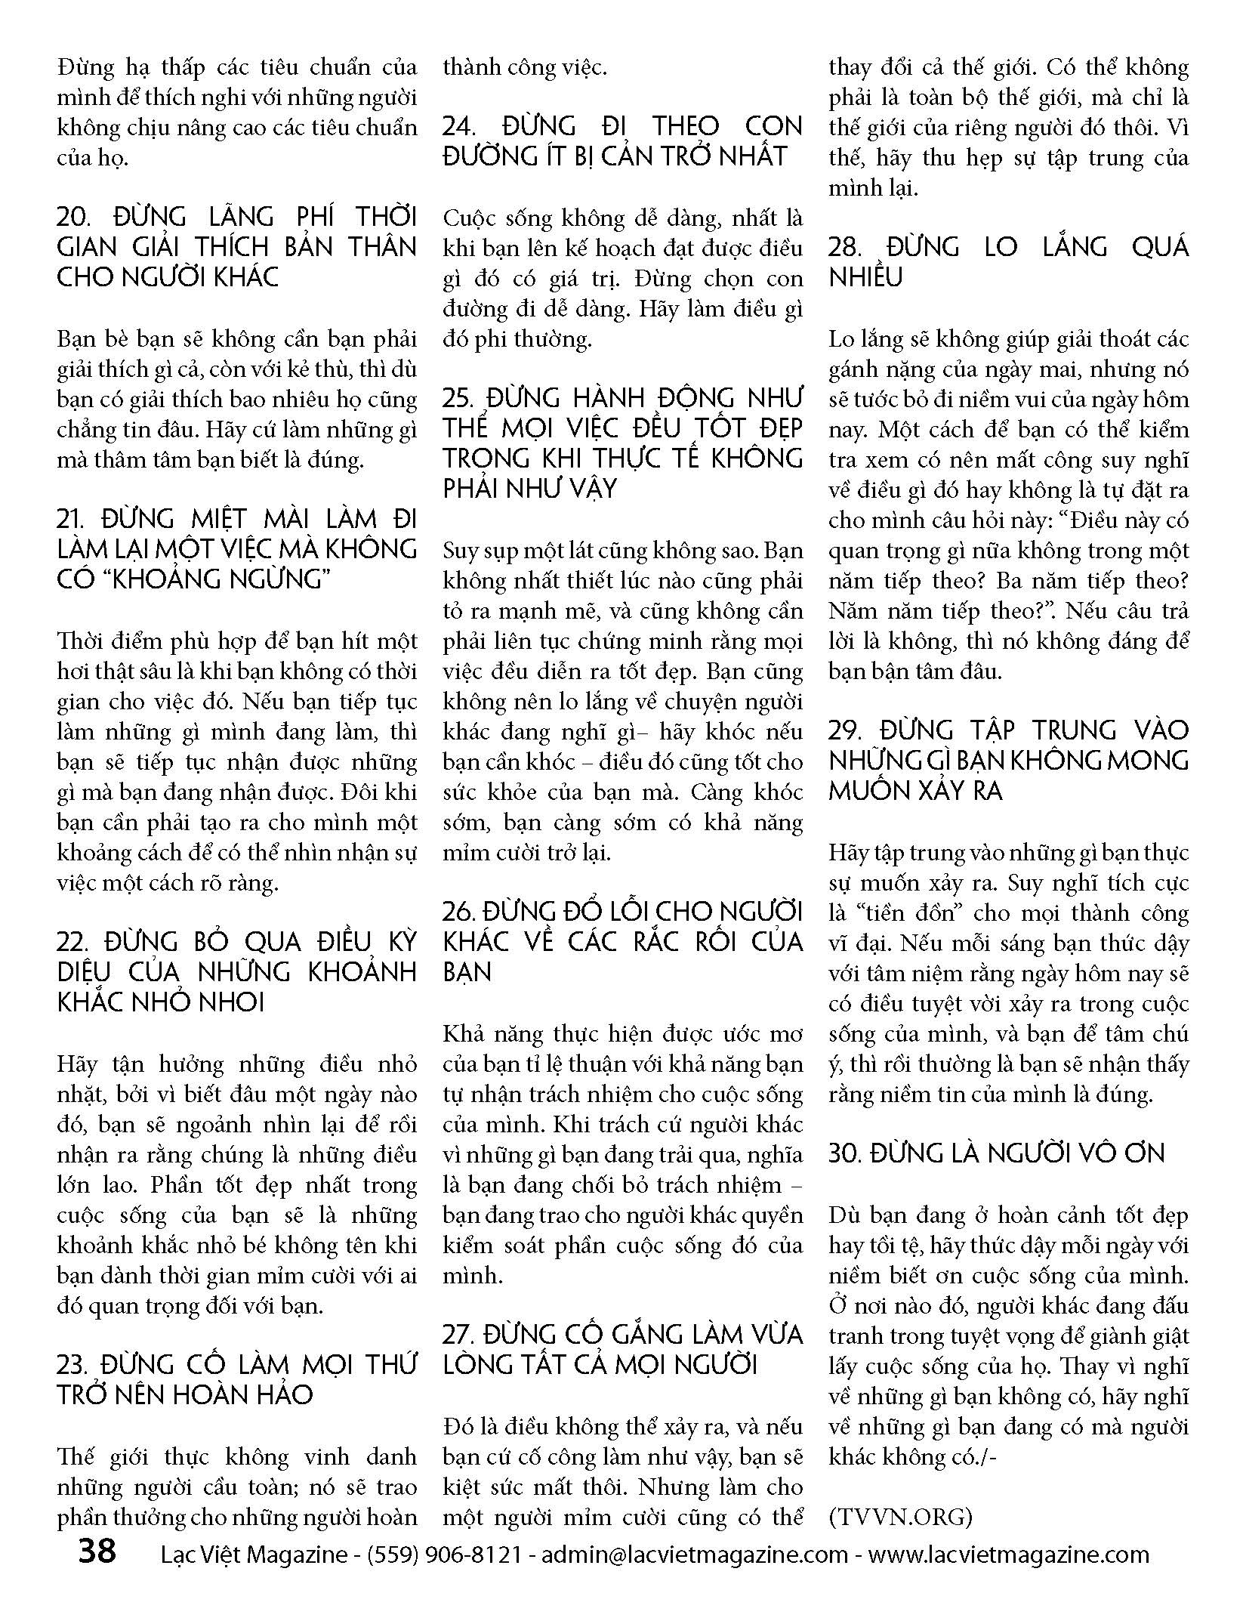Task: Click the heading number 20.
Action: [x=75, y=218]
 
